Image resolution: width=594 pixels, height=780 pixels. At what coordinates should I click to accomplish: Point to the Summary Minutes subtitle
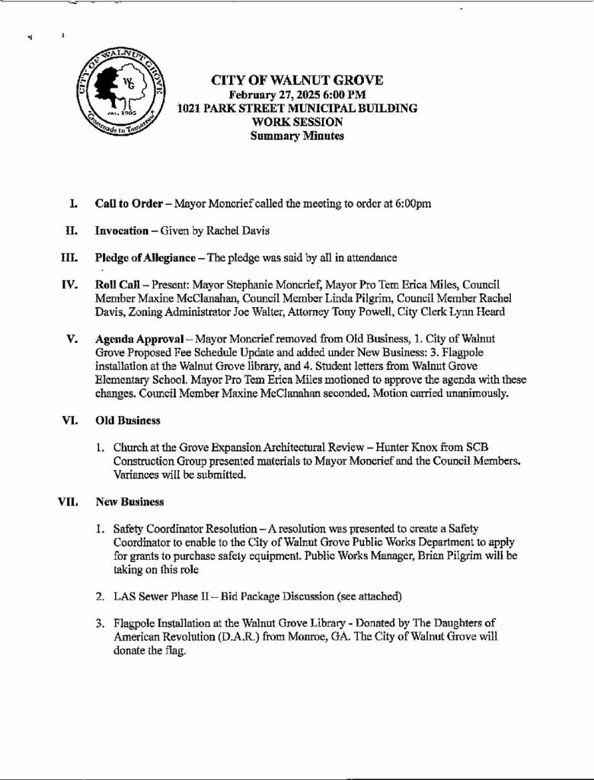pyautogui.click(x=296, y=136)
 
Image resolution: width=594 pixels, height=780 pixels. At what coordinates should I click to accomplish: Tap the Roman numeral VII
pyautogui.click(x=68, y=502)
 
